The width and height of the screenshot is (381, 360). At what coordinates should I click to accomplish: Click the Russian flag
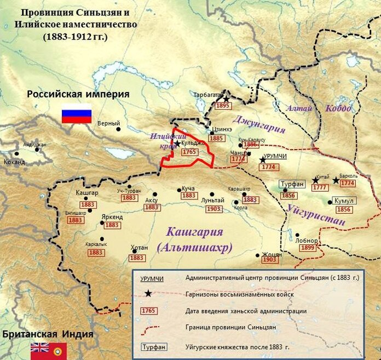pos(76,113)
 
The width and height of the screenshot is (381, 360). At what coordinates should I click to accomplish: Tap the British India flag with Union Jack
pos(39,348)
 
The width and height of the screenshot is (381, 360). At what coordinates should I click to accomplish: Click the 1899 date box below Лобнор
pos(307,248)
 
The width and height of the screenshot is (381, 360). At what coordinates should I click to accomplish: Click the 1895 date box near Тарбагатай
pos(223,105)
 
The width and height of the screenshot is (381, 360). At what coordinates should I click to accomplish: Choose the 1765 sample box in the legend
pos(148,311)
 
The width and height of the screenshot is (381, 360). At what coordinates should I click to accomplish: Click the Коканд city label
pos(14,162)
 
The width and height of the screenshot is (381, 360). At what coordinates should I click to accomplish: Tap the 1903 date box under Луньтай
pos(215,209)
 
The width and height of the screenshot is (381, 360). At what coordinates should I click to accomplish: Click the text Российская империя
pos(78,94)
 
